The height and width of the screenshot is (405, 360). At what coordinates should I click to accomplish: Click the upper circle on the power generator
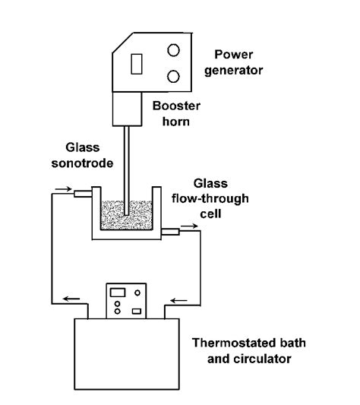(x=173, y=50)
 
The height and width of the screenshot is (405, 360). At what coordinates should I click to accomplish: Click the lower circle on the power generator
(x=173, y=77)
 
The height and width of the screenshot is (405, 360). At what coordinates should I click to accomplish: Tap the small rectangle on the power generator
(x=137, y=65)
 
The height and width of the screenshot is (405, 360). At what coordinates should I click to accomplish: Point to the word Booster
(x=174, y=106)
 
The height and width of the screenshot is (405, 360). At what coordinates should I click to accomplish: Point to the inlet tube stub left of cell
(x=82, y=195)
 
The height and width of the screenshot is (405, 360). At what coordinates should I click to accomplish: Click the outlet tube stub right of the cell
(x=171, y=229)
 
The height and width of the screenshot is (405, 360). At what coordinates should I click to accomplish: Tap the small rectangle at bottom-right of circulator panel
(x=136, y=310)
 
